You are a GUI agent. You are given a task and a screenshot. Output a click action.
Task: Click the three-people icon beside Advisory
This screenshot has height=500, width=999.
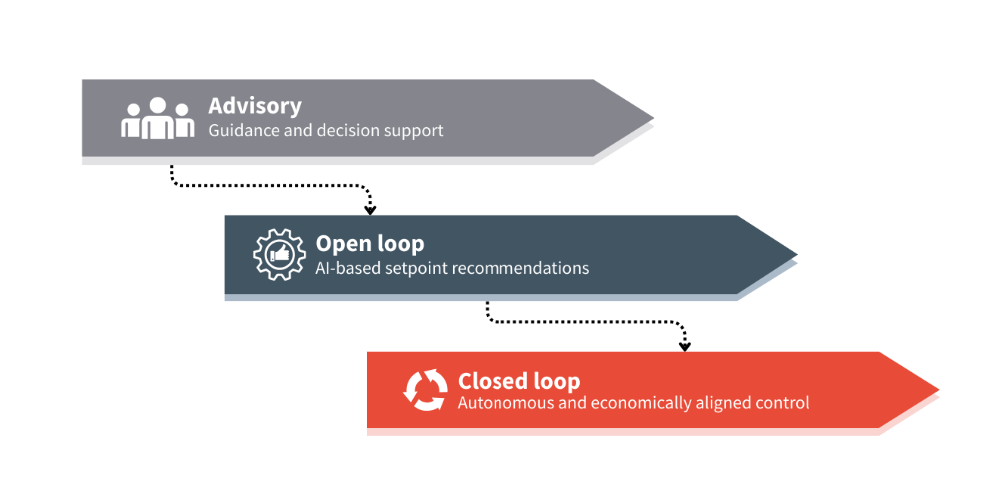[157, 118]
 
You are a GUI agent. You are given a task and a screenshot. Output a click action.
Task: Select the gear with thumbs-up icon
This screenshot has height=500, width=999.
[278, 255]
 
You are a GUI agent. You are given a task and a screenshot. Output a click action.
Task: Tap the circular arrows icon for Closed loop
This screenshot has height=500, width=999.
[425, 391]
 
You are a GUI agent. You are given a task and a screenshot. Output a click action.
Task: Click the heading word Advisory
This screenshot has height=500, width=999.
[254, 106]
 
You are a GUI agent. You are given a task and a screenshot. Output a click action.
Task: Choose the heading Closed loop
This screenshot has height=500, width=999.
[518, 381]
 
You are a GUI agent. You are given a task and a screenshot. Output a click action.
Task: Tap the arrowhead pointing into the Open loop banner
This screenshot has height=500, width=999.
[370, 209]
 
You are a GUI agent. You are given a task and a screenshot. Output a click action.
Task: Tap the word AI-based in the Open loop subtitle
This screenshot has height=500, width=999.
[347, 268]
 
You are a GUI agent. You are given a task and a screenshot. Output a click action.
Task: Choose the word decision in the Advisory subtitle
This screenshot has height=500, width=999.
[350, 130]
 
